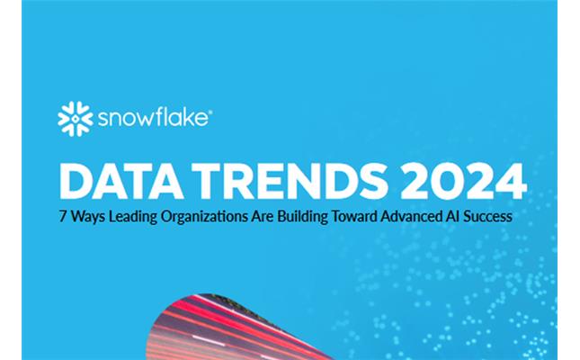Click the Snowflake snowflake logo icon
(x=76, y=119)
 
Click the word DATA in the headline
(x=121, y=181)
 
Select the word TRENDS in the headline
(x=290, y=181)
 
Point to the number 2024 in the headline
(x=463, y=181)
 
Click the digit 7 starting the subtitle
(x=63, y=216)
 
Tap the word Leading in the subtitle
(x=133, y=217)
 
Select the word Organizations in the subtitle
(x=204, y=217)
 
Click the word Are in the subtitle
(x=263, y=216)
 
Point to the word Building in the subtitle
(x=302, y=217)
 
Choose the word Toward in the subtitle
(x=354, y=216)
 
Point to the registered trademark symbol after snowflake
(x=210, y=111)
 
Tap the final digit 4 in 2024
(x=511, y=181)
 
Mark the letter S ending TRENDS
(x=373, y=181)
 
